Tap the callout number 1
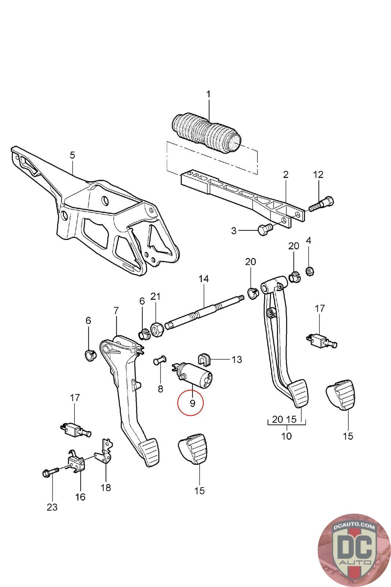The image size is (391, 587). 208,94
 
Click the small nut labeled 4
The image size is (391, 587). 310,271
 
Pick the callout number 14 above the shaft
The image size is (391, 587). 204,278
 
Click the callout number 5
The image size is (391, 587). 73,155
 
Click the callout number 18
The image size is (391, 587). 106,488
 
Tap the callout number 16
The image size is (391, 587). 80,497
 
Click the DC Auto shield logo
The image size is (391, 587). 354,550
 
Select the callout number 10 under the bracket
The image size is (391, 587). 286,436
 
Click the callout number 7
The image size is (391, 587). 116,311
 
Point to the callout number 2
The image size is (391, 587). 285,174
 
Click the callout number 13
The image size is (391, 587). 237,360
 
